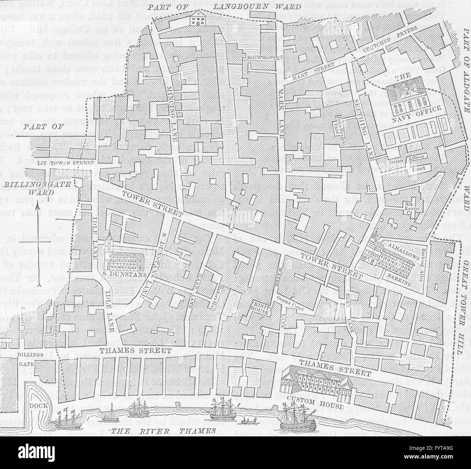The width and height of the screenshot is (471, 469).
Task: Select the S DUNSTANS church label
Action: [x=122, y=274]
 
